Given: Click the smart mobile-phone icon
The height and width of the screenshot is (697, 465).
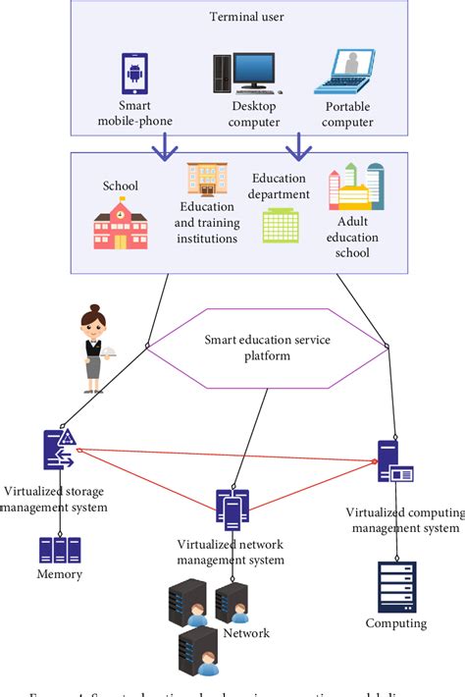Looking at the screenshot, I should pyautogui.click(x=137, y=75).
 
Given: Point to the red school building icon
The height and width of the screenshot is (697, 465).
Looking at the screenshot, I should pyautogui.click(x=121, y=223).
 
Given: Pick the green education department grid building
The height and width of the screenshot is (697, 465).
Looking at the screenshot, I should pyautogui.click(x=281, y=226).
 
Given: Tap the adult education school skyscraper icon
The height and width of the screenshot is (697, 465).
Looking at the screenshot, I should pyautogui.click(x=355, y=188).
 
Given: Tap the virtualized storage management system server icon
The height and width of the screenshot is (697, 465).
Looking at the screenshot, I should pyautogui.click(x=59, y=452).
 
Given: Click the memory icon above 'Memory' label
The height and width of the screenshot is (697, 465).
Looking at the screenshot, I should pyautogui.click(x=60, y=549).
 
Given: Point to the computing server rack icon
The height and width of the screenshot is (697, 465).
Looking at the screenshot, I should pyautogui.click(x=396, y=586).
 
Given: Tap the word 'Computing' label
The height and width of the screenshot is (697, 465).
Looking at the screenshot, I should pyautogui.click(x=396, y=623).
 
